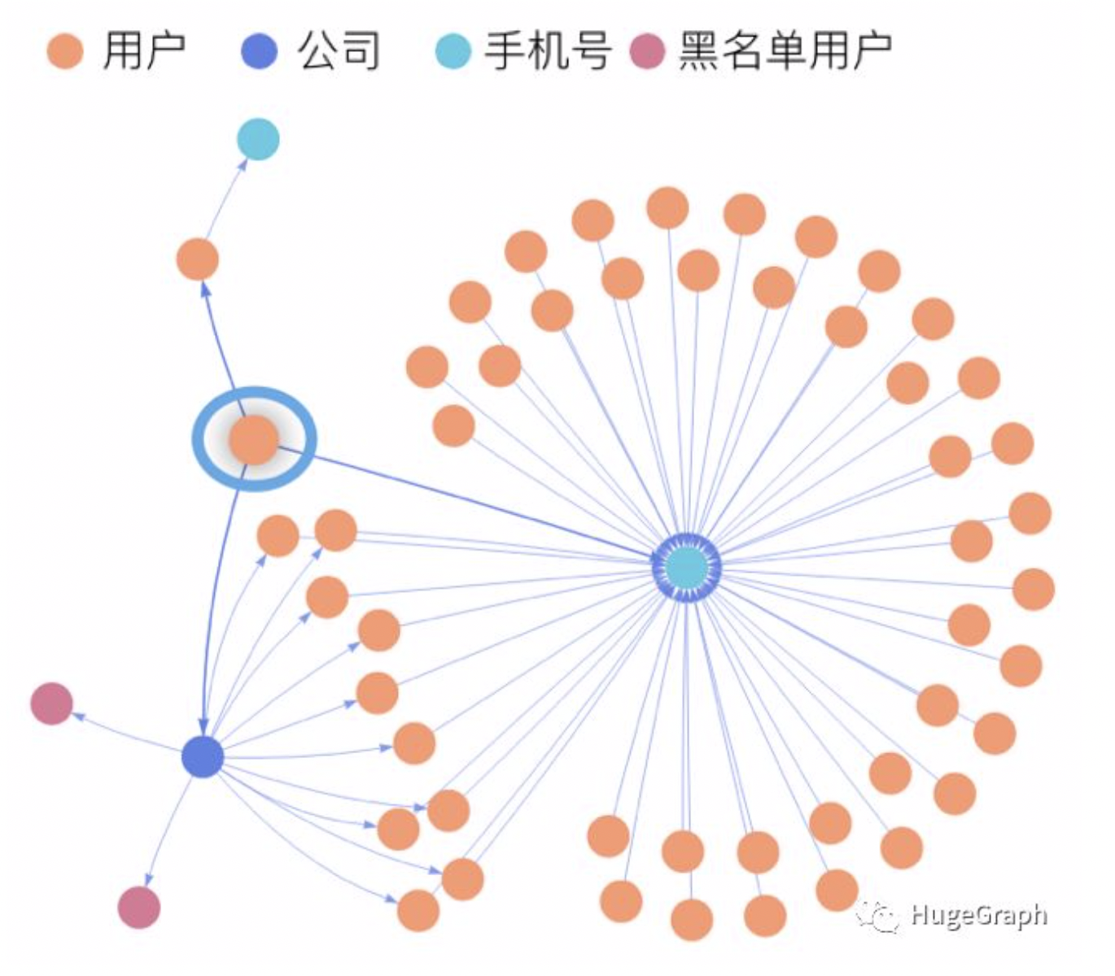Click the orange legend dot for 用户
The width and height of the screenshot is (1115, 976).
coord(65,51)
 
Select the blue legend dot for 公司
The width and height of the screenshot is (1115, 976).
coord(260,51)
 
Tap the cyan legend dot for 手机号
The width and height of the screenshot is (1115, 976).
coord(453,51)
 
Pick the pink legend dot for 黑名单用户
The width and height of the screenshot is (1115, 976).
coord(648,51)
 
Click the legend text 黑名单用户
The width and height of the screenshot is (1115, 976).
coord(785,51)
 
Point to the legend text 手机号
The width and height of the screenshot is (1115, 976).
coord(547,51)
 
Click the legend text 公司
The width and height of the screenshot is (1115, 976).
coord(339,51)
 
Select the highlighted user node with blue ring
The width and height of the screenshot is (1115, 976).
coord(254,439)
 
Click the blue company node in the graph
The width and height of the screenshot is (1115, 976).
coord(203,757)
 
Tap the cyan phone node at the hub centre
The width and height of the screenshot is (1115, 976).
coord(687,566)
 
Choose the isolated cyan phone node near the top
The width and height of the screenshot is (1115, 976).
coord(258,138)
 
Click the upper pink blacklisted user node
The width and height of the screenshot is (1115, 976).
coord(51,704)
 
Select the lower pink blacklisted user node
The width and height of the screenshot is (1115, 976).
coord(139,908)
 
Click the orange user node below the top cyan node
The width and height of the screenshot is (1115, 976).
coord(198,260)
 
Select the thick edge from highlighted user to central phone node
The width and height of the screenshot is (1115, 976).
coord(472,500)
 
